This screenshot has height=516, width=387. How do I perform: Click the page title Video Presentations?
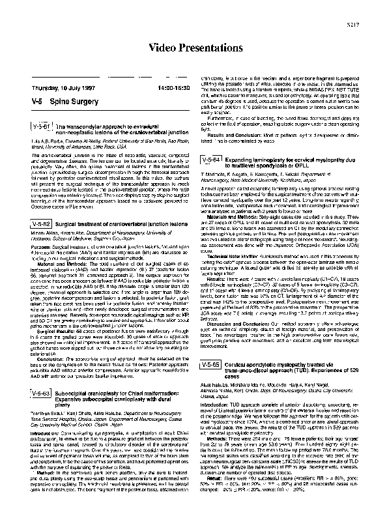[193, 48]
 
